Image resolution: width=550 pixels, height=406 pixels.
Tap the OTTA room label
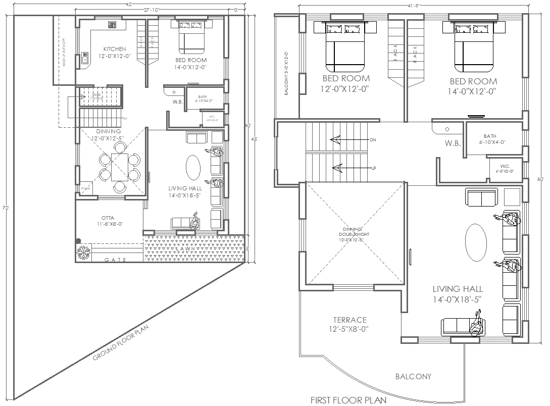point(107,218)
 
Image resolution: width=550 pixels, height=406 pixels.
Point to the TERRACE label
point(349,320)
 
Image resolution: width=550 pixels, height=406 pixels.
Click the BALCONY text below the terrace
point(413,377)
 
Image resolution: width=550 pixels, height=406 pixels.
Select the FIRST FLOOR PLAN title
point(348,400)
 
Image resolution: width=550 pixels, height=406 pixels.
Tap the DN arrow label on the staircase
point(373,139)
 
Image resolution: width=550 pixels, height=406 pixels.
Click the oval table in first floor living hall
point(475,243)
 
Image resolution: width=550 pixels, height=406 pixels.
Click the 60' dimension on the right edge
point(540,179)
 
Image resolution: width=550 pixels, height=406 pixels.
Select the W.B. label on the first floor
point(453,143)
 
